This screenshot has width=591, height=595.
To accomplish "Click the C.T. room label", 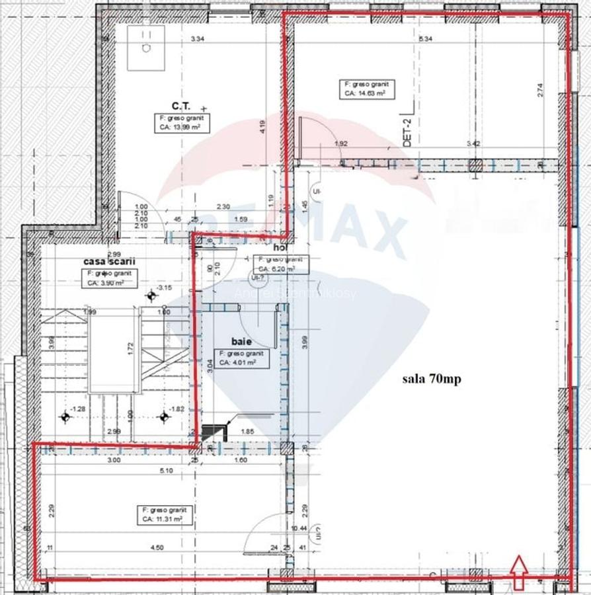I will [180, 105].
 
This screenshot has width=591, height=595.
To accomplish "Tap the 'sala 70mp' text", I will [431, 379].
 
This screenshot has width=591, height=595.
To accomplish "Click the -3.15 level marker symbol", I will [151, 296].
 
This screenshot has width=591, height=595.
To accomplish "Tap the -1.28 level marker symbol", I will [65, 416].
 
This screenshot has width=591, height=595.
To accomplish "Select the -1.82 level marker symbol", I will [163, 416].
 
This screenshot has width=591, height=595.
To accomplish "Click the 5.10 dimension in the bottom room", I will [166, 471].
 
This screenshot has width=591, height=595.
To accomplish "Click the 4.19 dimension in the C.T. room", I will [263, 126].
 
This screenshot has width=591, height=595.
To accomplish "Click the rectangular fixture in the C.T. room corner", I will [145, 48].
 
